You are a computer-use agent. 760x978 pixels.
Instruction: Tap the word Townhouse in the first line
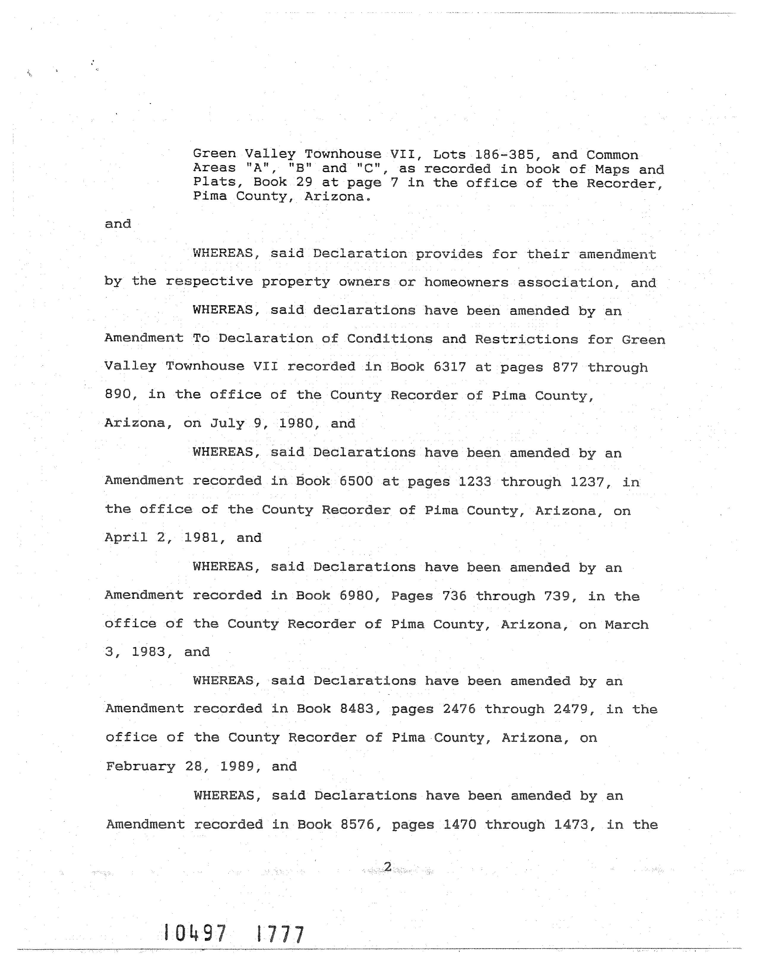343,154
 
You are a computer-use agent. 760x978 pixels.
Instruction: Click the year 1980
296,423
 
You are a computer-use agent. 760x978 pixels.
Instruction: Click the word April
126,537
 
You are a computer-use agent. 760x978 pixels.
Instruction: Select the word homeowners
466,282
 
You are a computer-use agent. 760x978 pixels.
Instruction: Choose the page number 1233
474,481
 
